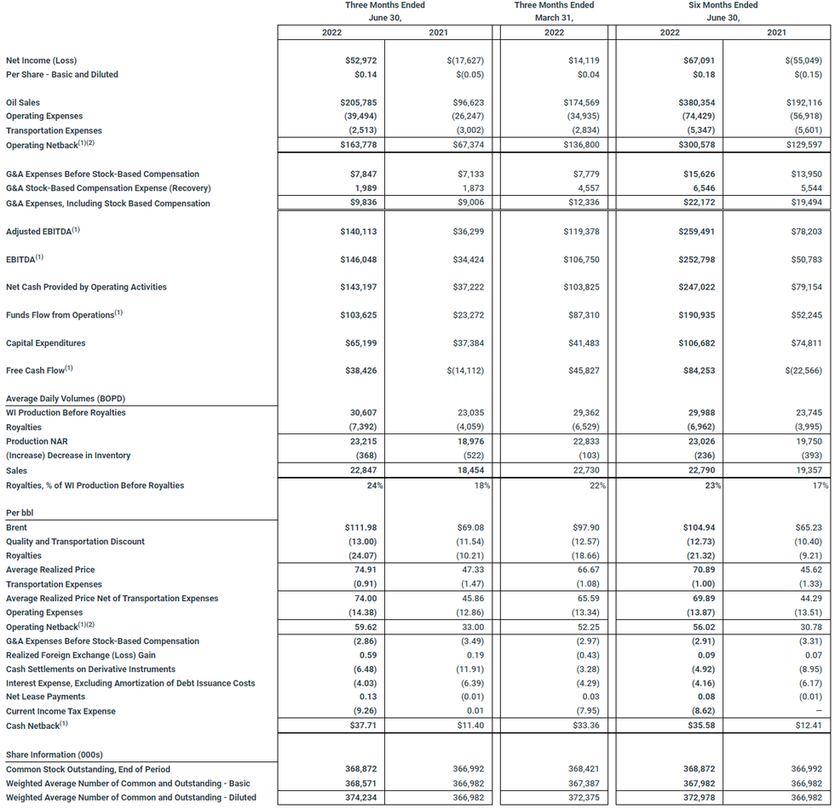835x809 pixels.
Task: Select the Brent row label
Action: [x=16, y=527]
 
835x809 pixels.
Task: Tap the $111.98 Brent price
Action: [x=359, y=527]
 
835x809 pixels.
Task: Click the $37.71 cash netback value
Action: [x=361, y=726]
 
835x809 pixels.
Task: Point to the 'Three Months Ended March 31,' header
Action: [x=555, y=11]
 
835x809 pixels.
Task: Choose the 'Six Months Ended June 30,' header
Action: [x=723, y=11]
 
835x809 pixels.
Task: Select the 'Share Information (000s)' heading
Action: [x=55, y=754]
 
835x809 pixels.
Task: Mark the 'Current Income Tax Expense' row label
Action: [x=60, y=711]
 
